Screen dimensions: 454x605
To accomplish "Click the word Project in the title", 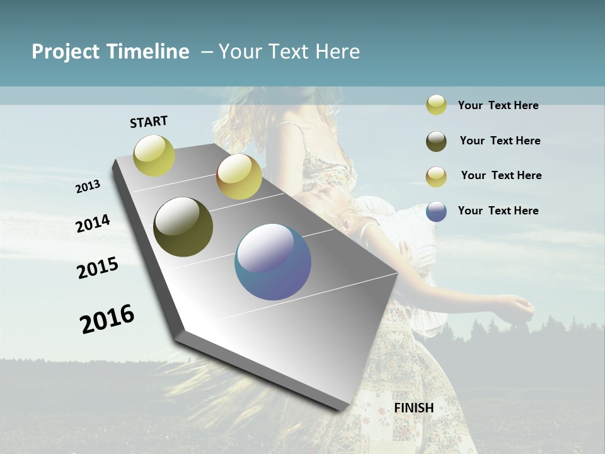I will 66,52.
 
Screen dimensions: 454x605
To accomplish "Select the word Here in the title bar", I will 337,52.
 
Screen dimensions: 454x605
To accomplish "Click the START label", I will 149,122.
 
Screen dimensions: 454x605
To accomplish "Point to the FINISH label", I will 414,408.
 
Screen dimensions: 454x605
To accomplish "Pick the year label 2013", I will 88,187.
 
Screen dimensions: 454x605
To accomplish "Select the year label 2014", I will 93,223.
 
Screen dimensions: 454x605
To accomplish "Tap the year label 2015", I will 98,268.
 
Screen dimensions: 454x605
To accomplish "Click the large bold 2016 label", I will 107,318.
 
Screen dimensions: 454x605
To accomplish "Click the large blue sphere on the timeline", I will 273,262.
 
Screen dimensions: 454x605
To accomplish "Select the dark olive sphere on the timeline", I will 183,227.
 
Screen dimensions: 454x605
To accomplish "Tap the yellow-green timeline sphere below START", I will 154,155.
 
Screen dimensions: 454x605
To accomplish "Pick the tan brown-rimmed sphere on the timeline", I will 239,177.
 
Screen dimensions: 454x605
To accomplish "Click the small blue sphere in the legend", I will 436,211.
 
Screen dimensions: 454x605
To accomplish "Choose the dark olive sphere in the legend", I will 436,141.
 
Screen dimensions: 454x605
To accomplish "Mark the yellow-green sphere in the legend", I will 436,105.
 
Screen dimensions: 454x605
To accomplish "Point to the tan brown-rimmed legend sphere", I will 436,177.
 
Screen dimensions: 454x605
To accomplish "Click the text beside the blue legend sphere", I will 498,211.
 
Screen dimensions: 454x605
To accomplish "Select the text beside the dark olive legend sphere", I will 500,141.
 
